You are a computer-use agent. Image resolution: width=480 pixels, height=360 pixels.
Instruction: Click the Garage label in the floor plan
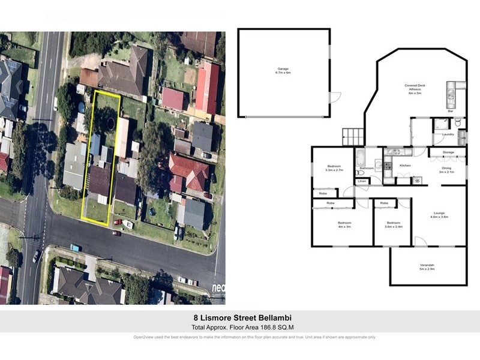click(x=283, y=70)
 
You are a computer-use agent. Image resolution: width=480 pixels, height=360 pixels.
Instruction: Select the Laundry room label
click(x=448, y=134)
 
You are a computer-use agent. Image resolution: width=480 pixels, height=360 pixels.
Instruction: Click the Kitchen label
click(x=406, y=164)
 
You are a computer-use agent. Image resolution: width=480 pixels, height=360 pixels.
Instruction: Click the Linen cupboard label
click(x=361, y=181)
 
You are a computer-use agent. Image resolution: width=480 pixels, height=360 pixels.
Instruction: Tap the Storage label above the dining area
click(x=448, y=153)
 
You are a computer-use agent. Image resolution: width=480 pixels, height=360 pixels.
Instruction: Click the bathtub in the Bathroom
click(x=359, y=158)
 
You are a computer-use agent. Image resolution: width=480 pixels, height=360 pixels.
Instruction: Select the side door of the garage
click(x=335, y=97)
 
